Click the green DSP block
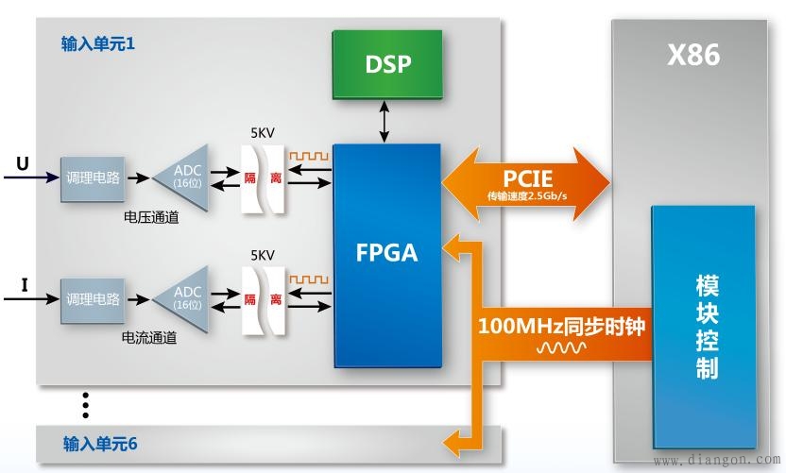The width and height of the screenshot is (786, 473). point(387,64)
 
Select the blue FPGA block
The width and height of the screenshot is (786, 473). point(387,255)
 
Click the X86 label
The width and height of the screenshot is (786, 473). point(693,56)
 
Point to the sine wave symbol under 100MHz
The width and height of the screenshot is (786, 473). point(561,349)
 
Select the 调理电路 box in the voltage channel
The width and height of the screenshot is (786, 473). point(93,177)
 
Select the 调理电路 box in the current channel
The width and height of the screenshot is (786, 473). point(93,299)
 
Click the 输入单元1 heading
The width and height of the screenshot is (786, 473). point(98,44)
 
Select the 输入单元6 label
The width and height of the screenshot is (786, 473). point(100,443)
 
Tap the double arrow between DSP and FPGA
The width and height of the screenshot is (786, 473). point(384,122)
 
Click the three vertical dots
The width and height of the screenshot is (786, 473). point(85,404)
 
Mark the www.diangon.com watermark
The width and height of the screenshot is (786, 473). point(717,461)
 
